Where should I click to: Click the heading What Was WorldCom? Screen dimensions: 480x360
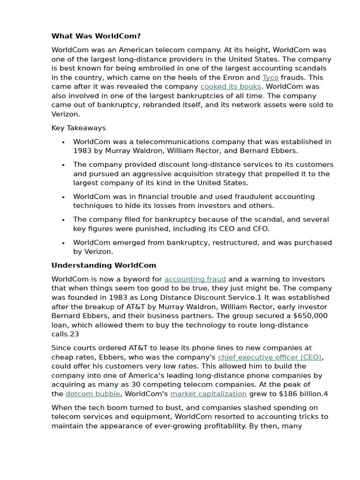(x=96, y=36)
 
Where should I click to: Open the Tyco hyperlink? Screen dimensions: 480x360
(x=270, y=77)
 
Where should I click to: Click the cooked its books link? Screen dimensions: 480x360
(x=231, y=87)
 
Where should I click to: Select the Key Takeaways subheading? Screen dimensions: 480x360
(x=78, y=128)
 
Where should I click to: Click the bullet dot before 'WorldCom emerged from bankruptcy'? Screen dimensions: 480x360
(x=63, y=243)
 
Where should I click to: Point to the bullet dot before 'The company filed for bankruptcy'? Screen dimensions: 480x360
(x=63, y=220)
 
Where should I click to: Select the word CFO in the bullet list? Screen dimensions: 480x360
(x=261, y=229)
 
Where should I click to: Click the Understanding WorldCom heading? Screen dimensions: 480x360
(x=104, y=265)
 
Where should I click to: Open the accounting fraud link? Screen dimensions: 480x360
(x=195, y=279)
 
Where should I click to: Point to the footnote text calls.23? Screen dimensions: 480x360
(x=65, y=334)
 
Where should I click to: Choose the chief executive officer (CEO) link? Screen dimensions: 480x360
(x=270, y=357)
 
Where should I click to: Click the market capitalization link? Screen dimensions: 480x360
(x=208, y=394)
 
